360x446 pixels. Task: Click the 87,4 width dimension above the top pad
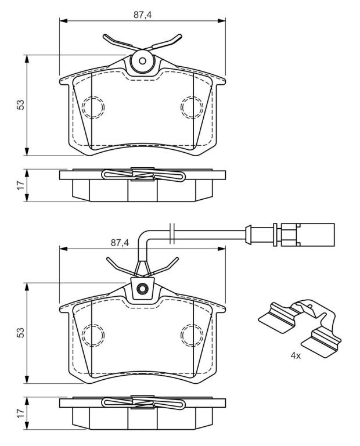142,15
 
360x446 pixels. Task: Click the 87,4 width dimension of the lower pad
120,243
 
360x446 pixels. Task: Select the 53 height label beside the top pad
20,105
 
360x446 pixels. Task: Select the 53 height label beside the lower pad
20,333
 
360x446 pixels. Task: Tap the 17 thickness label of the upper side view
20,185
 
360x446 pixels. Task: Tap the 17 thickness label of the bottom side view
20,413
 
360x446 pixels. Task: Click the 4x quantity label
296,355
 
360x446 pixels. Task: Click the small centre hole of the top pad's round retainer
142,61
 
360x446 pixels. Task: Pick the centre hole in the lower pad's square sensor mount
142,289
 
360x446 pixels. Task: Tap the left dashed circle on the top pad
93,107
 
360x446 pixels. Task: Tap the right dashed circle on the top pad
192,107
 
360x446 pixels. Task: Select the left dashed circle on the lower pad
93,335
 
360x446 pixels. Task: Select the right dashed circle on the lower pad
192,335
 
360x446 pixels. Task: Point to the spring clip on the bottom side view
143,402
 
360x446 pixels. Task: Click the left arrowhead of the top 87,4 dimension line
63,21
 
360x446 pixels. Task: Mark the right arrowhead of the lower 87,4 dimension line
222,249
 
